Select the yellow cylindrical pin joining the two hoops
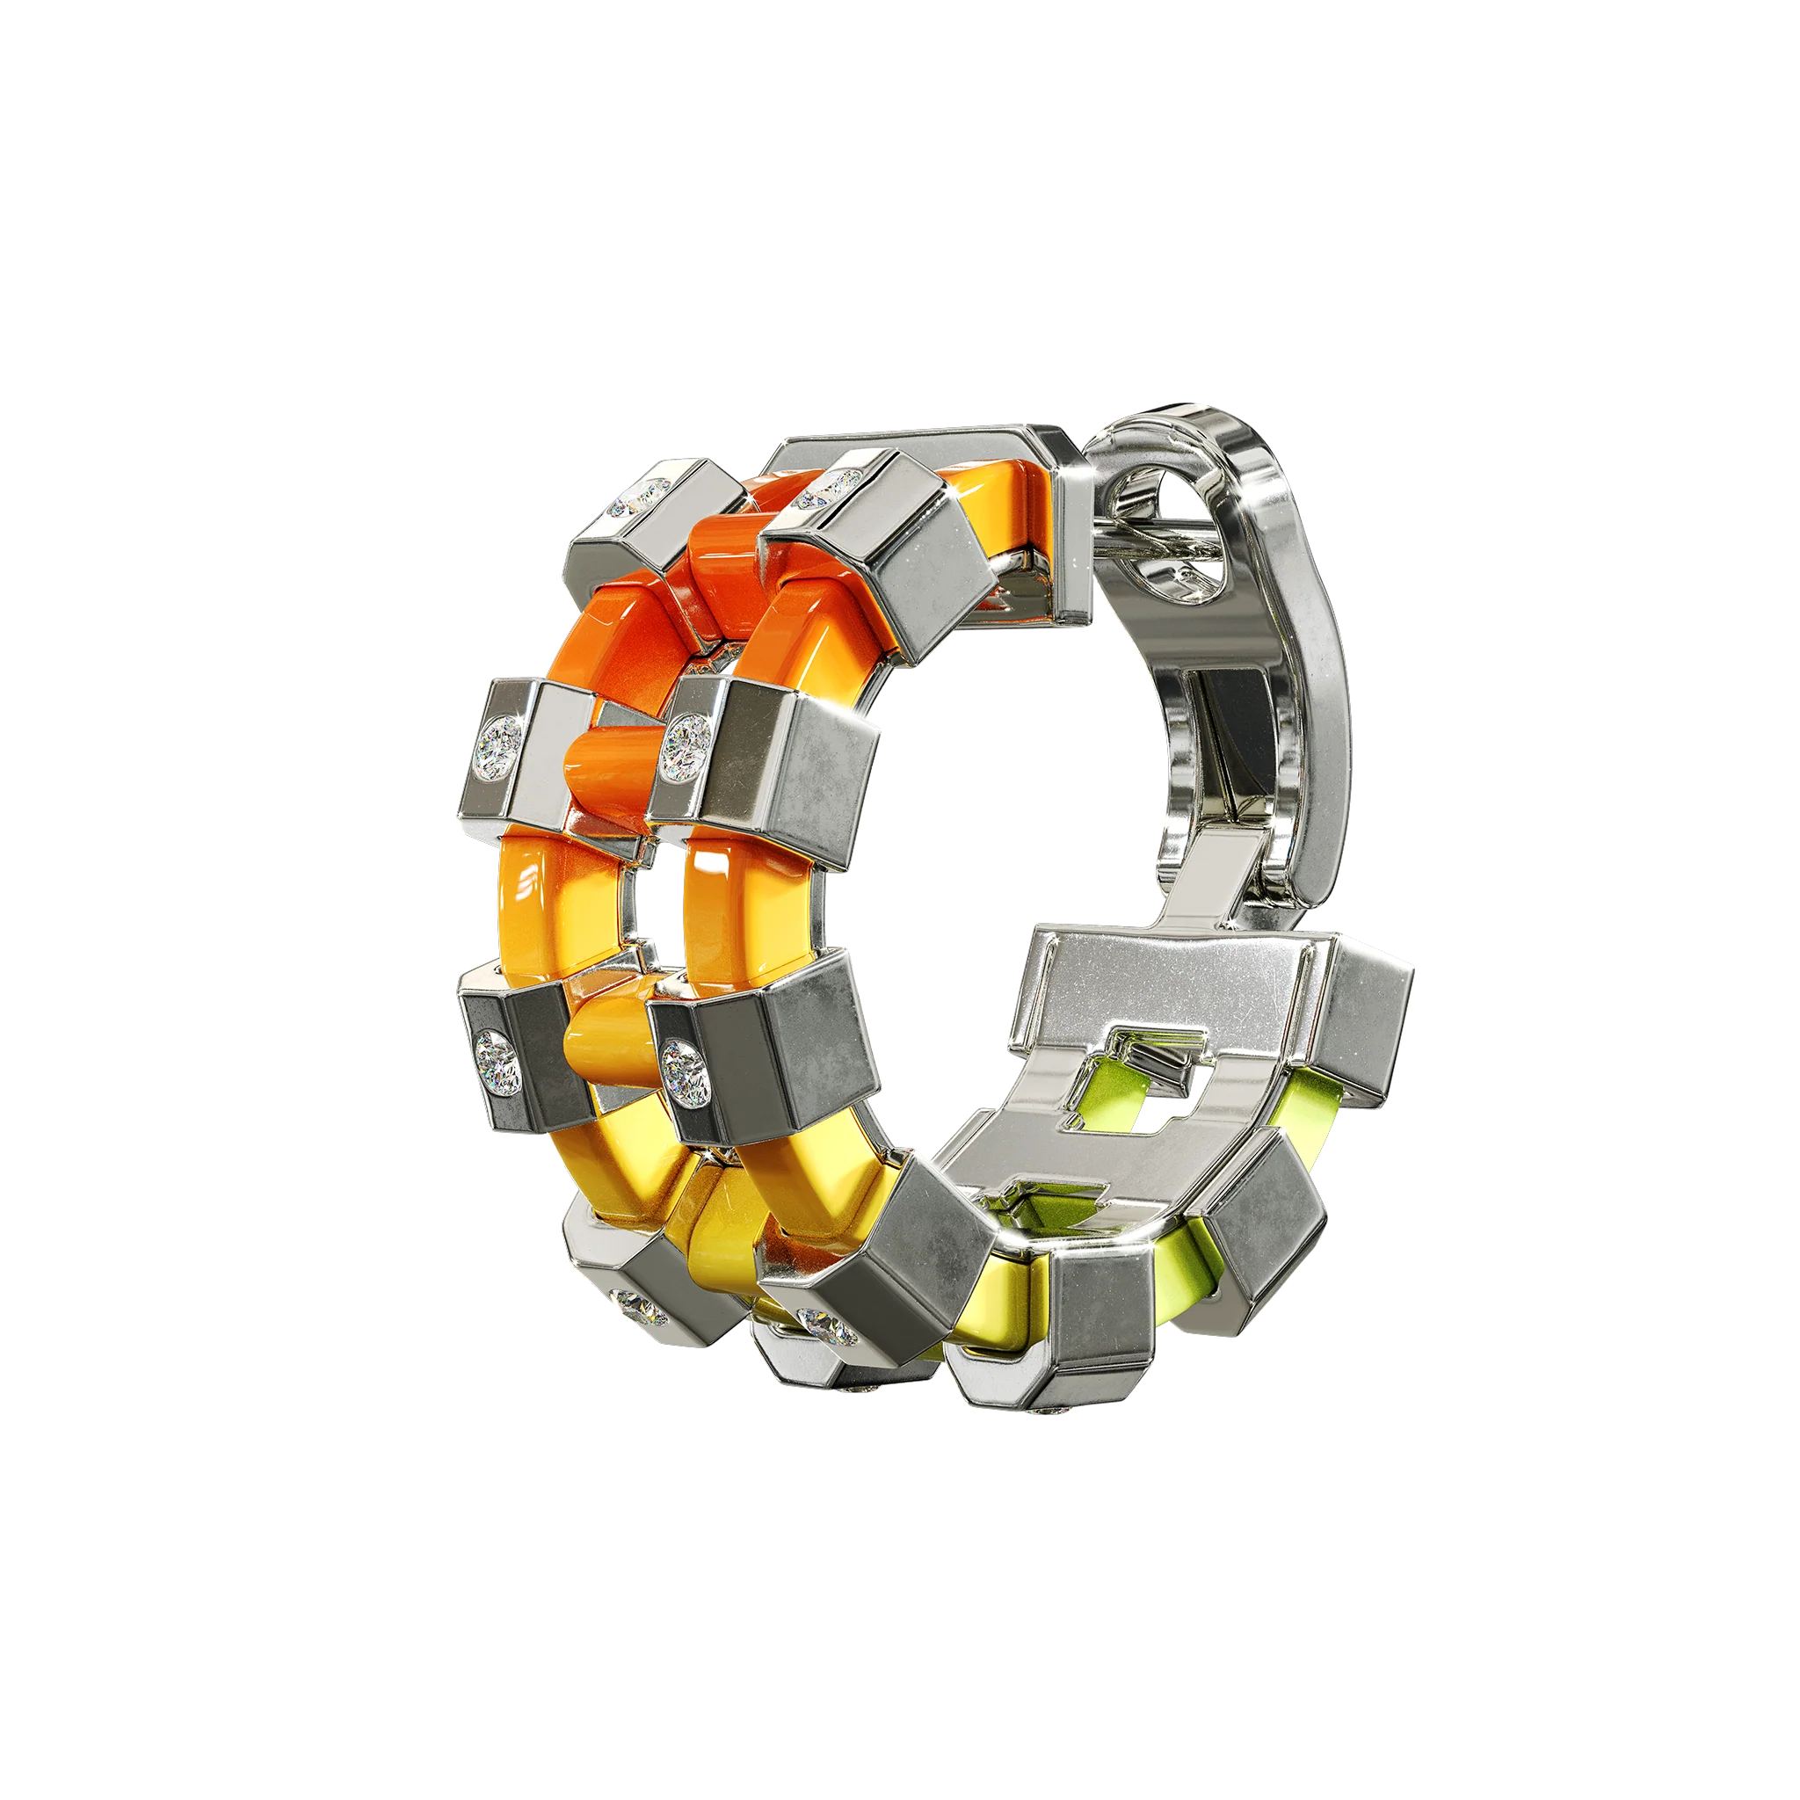pos(606,1042)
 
